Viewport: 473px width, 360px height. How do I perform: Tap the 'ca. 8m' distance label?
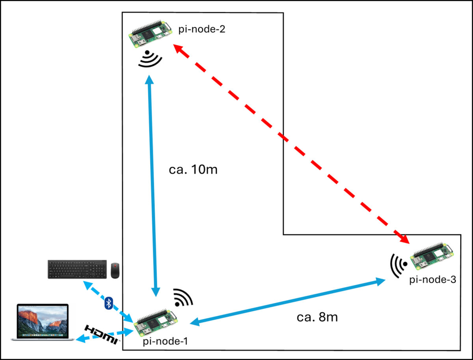(317, 317)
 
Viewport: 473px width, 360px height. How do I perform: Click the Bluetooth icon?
(109, 304)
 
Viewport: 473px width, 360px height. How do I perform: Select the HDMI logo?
(102, 334)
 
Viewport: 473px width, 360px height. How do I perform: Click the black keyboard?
(77, 269)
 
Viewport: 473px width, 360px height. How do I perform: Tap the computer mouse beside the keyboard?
(115, 270)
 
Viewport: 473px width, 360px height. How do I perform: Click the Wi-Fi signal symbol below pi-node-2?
(151, 59)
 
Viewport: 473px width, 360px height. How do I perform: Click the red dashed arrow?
(292, 143)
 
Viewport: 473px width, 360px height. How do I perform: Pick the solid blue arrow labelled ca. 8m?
(288, 302)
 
